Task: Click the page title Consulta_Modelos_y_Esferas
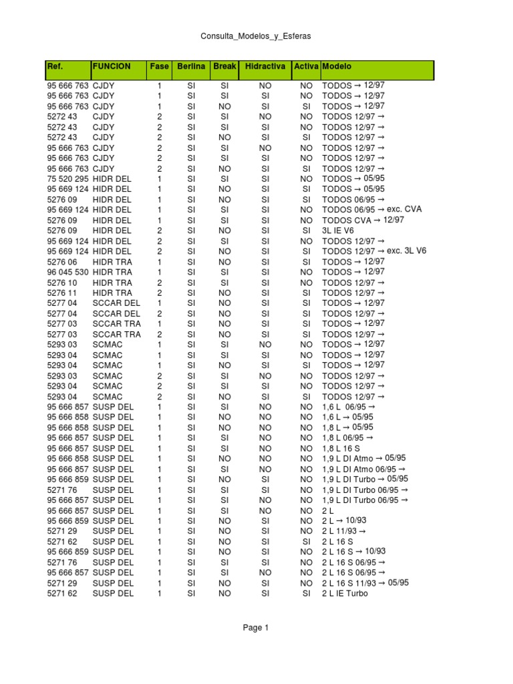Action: click(x=256, y=36)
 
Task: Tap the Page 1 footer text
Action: click(x=256, y=628)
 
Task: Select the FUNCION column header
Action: click(x=112, y=67)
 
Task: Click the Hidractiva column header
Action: click(x=265, y=67)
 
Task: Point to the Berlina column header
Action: click(x=191, y=67)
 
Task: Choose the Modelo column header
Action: click(x=337, y=67)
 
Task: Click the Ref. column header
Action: click(x=55, y=67)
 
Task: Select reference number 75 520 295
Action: click(x=67, y=179)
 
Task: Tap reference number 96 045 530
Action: click(x=67, y=272)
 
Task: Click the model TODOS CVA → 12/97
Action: click(x=363, y=220)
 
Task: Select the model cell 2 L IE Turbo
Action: click(x=345, y=593)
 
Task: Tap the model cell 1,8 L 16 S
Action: click(x=341, y=448)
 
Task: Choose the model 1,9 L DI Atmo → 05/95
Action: click(x=363, y=459)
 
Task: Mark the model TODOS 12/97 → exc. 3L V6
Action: click(x=374, y=251)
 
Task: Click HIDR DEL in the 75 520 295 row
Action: click(x=112, y=179)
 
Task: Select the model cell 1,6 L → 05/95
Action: click(x=347, y=417)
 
